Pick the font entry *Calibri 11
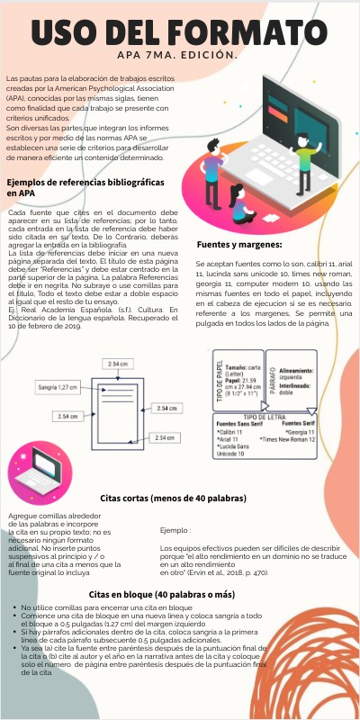click(235, 431)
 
